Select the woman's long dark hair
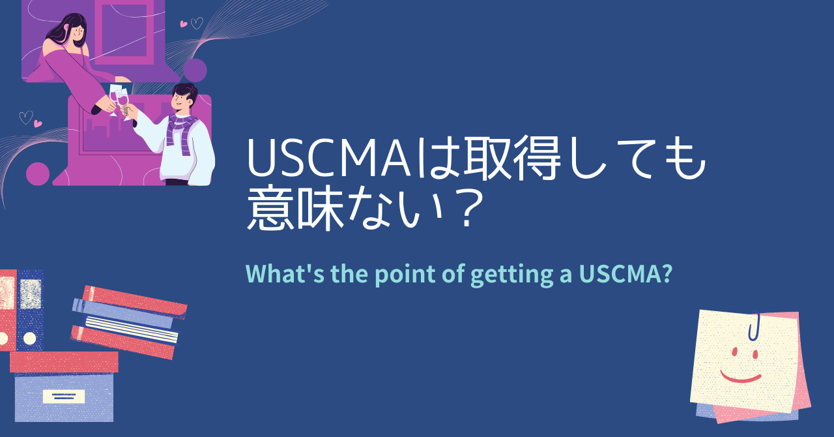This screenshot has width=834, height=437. (x=65, y=29)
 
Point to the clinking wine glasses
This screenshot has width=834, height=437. (x=119, y=98)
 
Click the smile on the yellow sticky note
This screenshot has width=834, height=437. (x=740, y=376)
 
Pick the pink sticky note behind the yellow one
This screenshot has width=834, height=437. (x=805, y=378)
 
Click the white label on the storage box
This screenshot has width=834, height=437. (x=63, y=396)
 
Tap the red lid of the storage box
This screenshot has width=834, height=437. (x=64, y=361)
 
